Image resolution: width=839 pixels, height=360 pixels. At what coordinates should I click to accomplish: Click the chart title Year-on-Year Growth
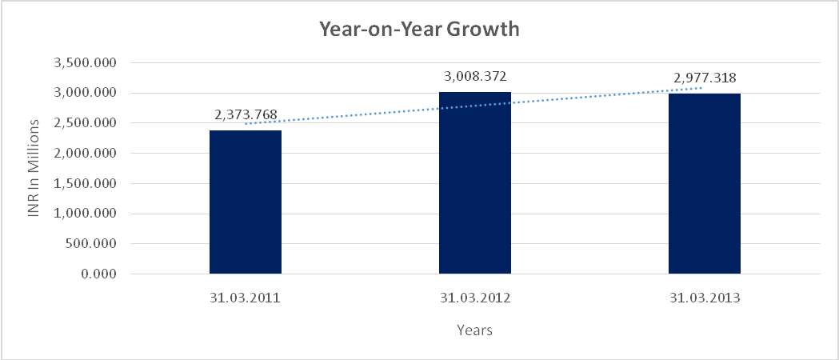tap(419, 30)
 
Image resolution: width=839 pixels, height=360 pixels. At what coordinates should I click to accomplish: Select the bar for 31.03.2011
tap(245, 202)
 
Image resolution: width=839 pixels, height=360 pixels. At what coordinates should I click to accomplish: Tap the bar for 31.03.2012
tap(474, 183)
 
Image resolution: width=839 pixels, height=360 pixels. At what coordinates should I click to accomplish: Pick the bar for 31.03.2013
tap(704, 184)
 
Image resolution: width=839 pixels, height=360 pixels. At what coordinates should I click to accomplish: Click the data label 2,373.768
tap(246, 115)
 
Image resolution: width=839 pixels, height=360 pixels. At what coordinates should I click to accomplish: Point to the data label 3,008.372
tap(475, 77)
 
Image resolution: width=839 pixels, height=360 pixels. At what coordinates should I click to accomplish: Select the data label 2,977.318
tap(705, 78)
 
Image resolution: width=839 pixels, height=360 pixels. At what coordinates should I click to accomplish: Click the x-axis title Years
tap(474, 330)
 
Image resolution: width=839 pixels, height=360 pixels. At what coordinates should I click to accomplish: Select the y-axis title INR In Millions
tap(34, 168)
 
